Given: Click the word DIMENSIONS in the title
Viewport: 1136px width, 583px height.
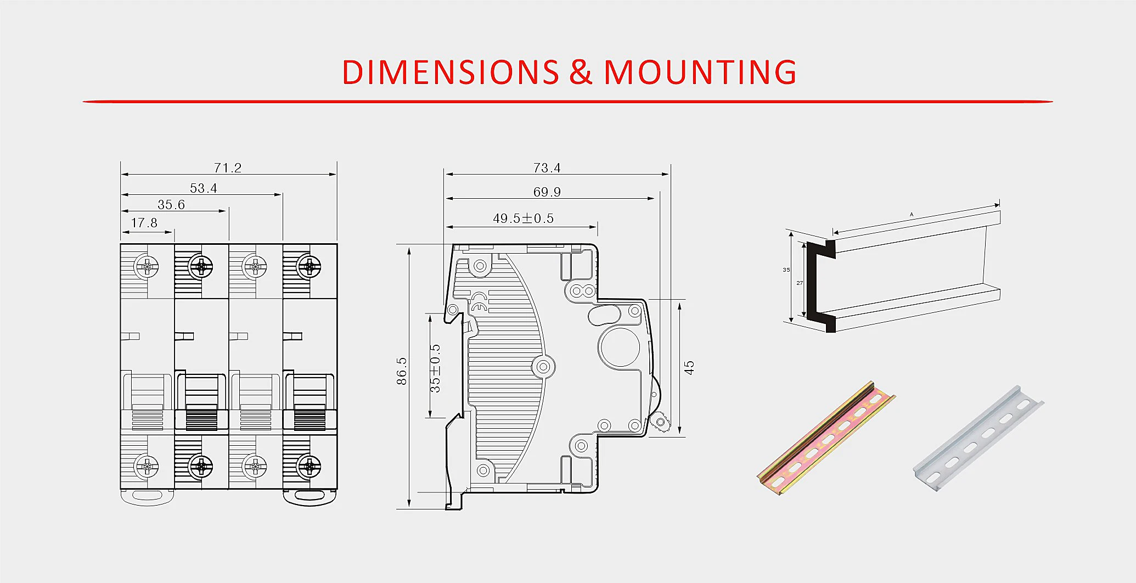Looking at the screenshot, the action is (x=450, y=72).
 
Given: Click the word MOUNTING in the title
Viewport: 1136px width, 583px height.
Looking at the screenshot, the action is (x=700, y=72).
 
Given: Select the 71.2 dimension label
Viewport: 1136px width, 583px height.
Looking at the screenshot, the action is (x=228, y=167).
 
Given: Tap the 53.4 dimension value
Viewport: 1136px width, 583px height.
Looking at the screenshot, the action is (x=204, y=188).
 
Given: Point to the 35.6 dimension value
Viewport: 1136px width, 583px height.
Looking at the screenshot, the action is (x=171, y=204).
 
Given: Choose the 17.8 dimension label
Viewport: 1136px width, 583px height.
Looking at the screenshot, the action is (x=144, y=222).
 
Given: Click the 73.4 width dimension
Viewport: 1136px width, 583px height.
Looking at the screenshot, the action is (x=547, y=167).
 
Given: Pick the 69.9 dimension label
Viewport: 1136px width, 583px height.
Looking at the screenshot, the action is (x=547, y=192).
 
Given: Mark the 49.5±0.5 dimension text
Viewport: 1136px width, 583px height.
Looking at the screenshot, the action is (x=524, y=218).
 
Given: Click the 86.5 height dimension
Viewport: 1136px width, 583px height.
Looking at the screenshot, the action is (x=402, y=371).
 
